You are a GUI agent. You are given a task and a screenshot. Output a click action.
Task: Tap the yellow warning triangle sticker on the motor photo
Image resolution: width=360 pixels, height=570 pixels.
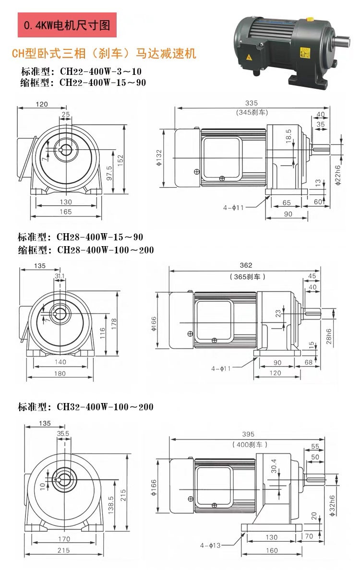250,58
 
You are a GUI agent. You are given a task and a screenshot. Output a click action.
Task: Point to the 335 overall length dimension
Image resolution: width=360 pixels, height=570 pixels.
251,103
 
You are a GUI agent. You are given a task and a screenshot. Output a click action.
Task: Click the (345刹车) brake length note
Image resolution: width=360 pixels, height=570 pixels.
251,112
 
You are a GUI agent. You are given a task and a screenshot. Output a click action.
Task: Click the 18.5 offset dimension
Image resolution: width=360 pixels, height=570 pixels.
288,135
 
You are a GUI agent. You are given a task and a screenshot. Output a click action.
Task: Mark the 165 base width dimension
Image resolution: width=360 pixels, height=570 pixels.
66,212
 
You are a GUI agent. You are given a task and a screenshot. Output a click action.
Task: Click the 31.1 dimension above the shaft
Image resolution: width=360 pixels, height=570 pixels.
60,276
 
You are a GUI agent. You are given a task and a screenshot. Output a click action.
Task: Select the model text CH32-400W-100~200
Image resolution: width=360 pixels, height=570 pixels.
105,407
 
